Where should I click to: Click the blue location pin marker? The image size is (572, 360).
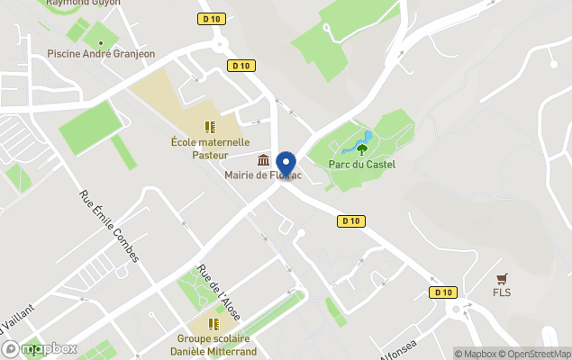286,164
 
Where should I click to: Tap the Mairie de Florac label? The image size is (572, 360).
260,175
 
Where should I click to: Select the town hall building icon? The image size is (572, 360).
263,160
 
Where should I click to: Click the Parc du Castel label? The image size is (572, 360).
362,164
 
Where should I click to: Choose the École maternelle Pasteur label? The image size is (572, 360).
210,148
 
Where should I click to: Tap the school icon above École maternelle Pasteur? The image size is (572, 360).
210,127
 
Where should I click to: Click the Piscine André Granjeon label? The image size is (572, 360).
101,54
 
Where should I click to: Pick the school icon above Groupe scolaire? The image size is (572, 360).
214,324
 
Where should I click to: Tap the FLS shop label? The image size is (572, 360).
502,292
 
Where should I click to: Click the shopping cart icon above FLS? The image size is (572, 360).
502,278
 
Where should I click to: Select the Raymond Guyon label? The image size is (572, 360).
83,3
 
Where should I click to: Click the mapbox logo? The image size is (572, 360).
40,348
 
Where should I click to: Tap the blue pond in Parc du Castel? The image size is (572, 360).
369,138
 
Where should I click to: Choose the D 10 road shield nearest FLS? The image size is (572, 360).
441,292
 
